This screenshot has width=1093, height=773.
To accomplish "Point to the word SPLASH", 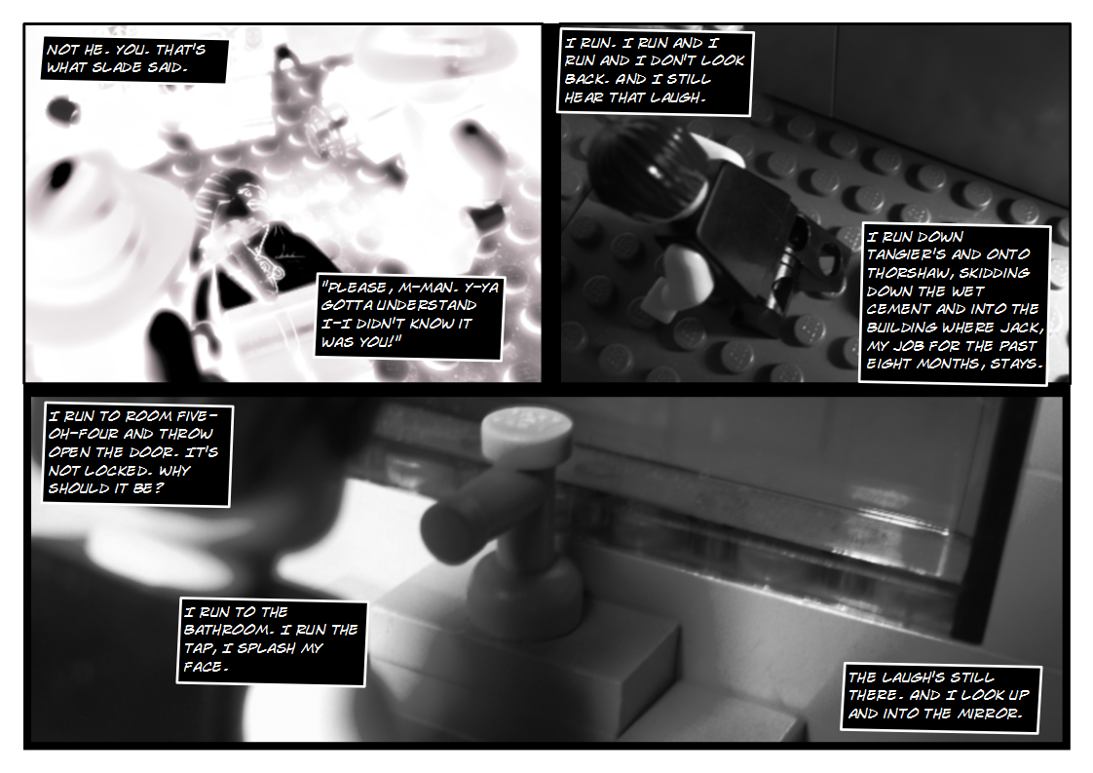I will [x=286, y=648].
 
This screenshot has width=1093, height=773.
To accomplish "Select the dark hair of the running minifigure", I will [x=638, y=161].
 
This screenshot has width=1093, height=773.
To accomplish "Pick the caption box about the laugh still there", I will [x=940, y=696].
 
